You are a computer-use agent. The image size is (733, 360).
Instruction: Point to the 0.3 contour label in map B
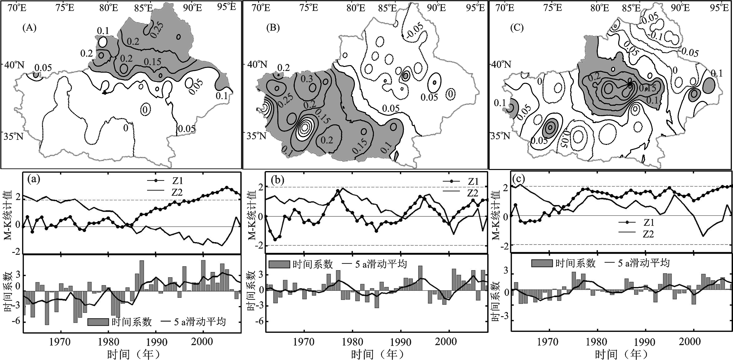point(307,79)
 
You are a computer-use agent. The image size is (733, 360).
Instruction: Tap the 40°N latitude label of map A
point(14,65)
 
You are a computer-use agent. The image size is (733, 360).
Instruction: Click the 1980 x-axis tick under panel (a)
point(108,342)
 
